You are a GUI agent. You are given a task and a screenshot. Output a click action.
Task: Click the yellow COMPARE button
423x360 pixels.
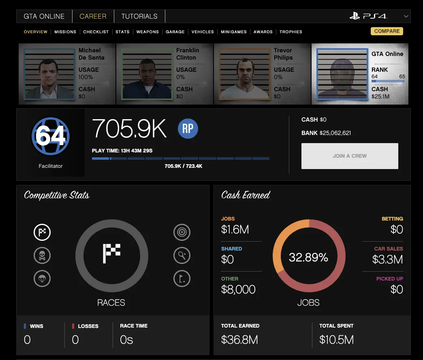pos(387,31)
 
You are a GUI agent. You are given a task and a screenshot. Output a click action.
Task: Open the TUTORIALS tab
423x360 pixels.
pos(139,16)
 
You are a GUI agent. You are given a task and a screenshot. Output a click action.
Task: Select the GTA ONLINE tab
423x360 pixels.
pos(44,16)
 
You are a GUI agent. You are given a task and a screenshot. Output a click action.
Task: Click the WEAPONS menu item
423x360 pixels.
pos(147,32)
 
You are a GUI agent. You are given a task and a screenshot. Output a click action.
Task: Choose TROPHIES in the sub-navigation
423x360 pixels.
pos(291,32)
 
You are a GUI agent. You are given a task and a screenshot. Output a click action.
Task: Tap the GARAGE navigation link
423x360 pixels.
pos(175,32)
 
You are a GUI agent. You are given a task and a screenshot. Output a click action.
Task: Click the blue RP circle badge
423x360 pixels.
pos(188,129)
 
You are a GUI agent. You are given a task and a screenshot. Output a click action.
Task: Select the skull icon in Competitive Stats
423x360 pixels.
pos(42,255)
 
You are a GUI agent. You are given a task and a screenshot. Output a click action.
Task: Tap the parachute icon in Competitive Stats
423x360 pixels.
pos(42,279)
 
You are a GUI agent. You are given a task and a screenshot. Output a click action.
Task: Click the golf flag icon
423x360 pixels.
pos(182,279)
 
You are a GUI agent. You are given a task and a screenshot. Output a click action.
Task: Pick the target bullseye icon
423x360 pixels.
pos(182,232)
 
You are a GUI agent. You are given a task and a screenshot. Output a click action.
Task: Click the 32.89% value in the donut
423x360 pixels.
pos(308,257)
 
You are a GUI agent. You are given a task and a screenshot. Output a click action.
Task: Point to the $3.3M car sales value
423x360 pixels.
pos(388,259)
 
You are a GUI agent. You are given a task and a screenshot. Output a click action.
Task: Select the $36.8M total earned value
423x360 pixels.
pos(239,339)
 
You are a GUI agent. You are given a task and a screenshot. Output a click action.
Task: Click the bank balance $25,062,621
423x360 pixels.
pos(335,133)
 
